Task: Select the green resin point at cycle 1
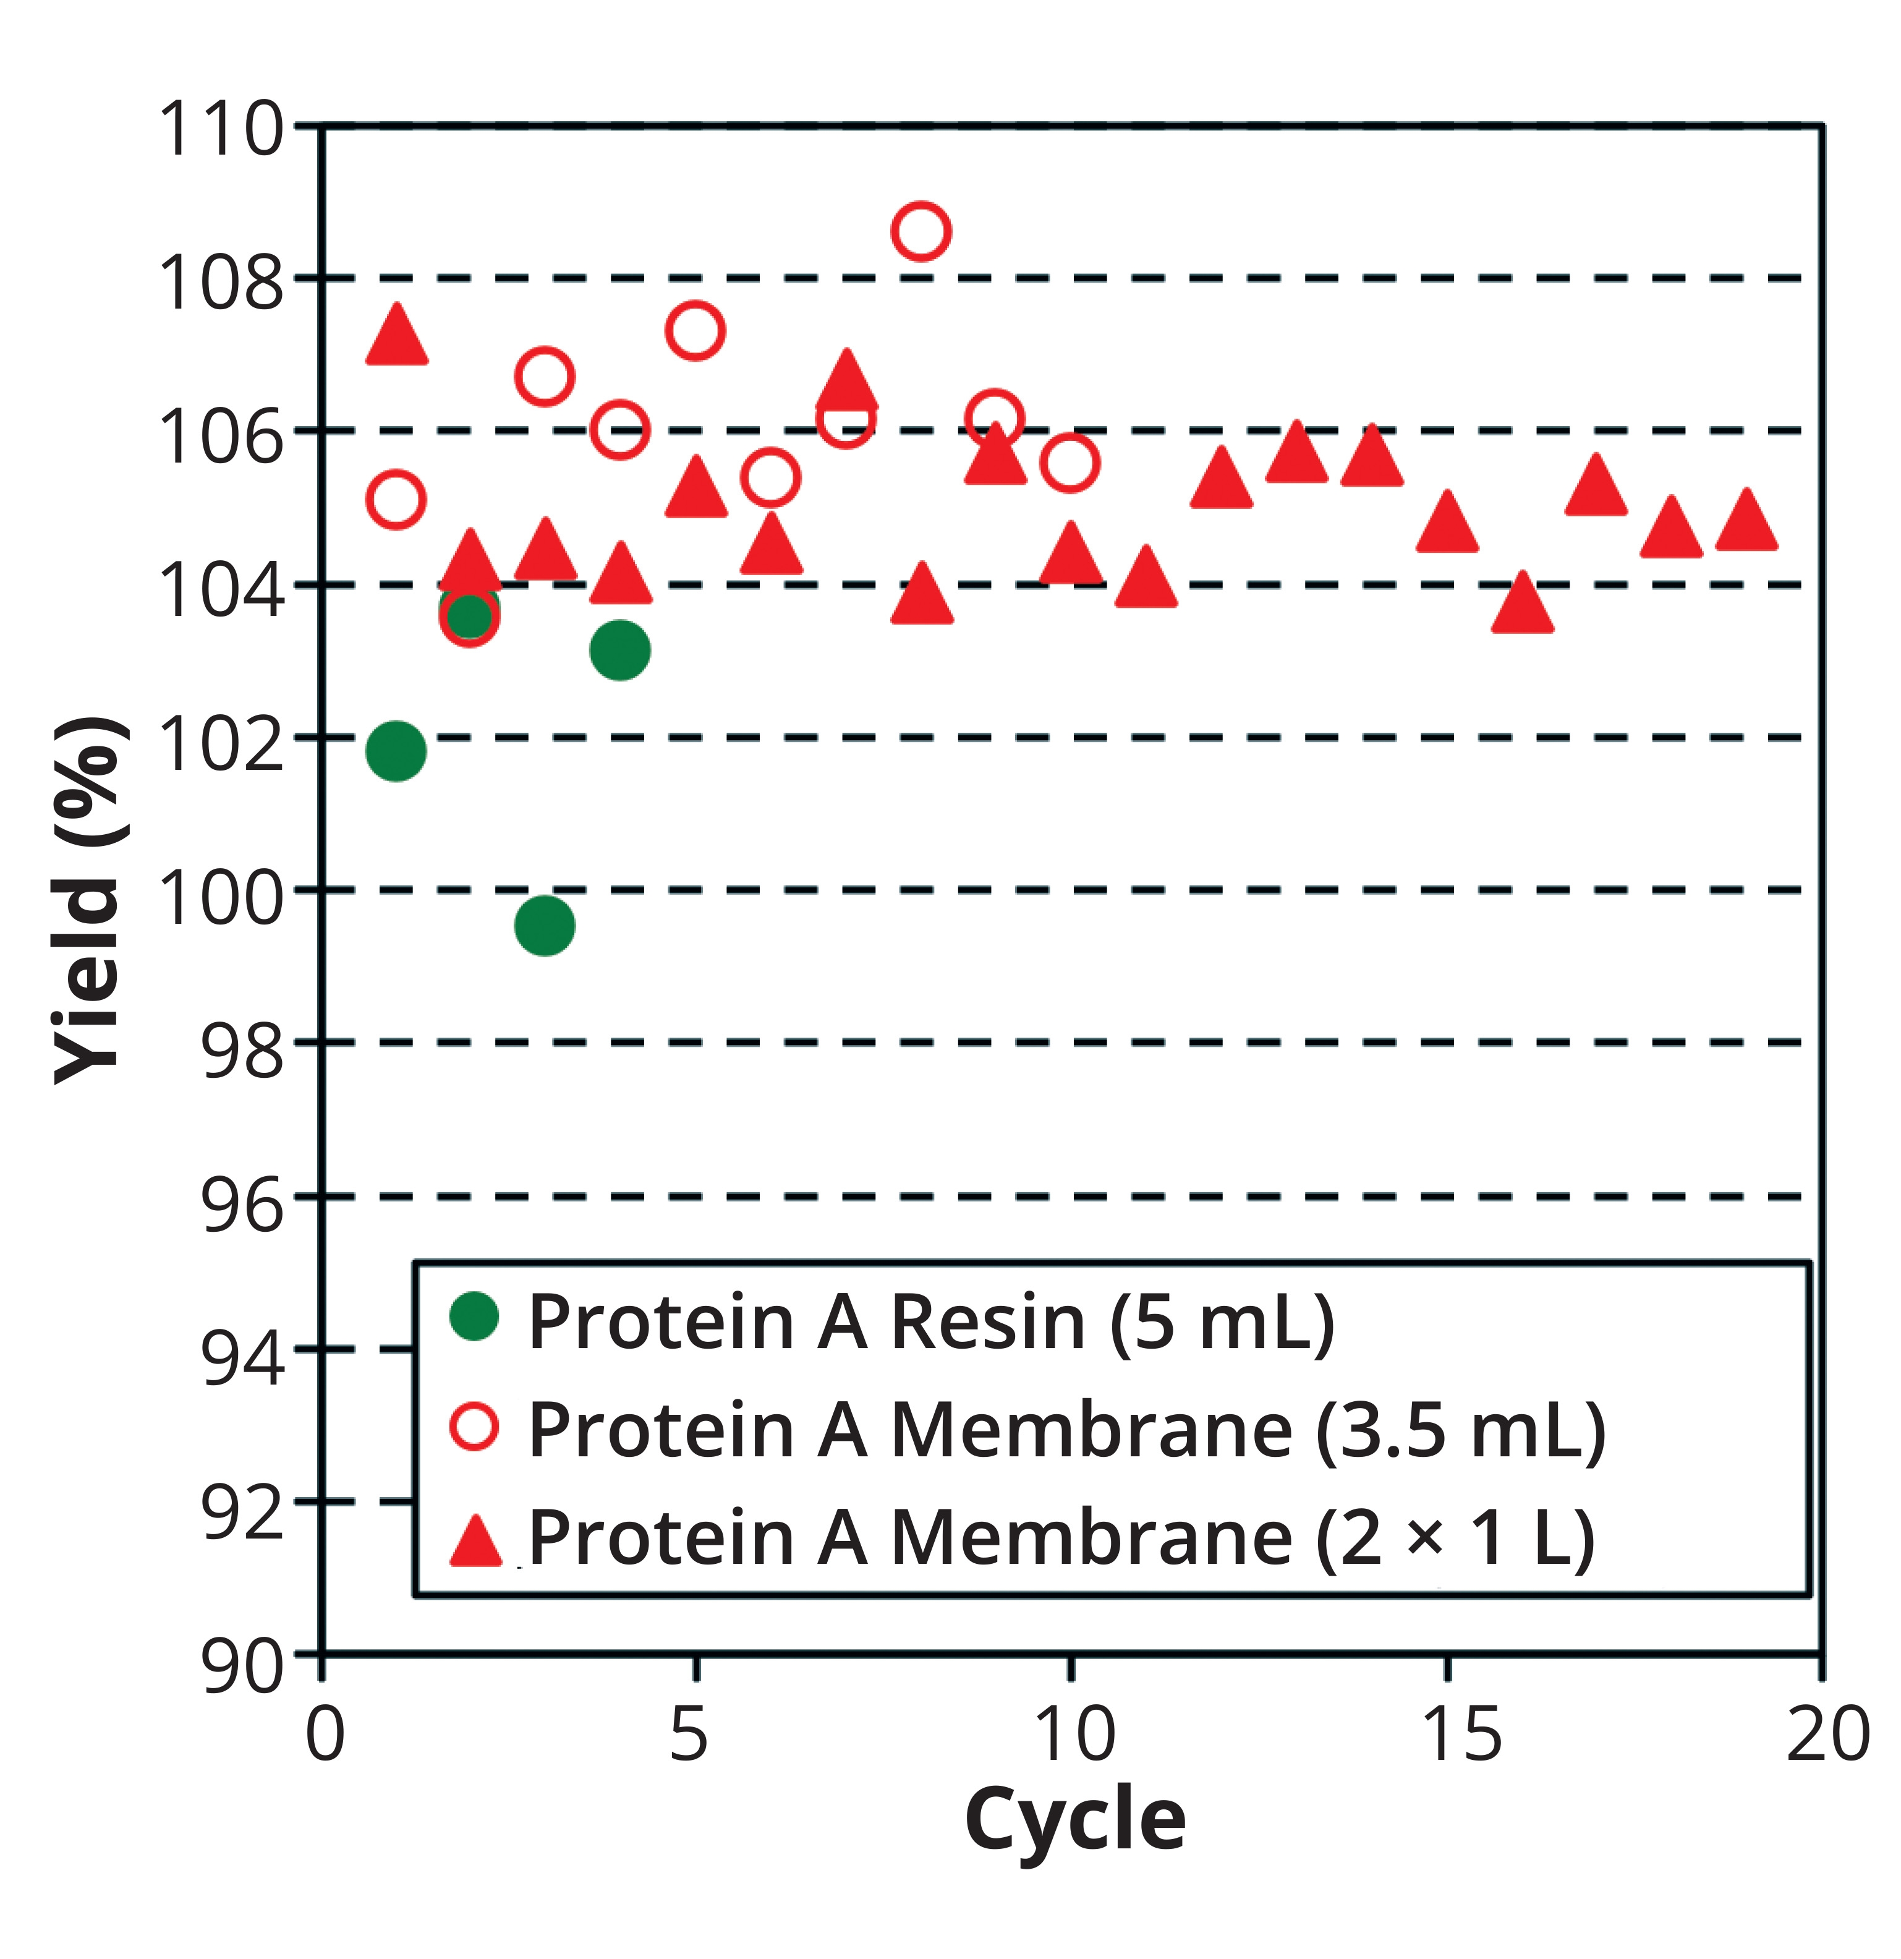point(396,751)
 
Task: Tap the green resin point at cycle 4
point(619,650)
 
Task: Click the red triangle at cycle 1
point(397,338)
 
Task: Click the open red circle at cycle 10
point(1070,463)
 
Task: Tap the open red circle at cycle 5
point(695,330)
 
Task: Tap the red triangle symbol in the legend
point(476,1542)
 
